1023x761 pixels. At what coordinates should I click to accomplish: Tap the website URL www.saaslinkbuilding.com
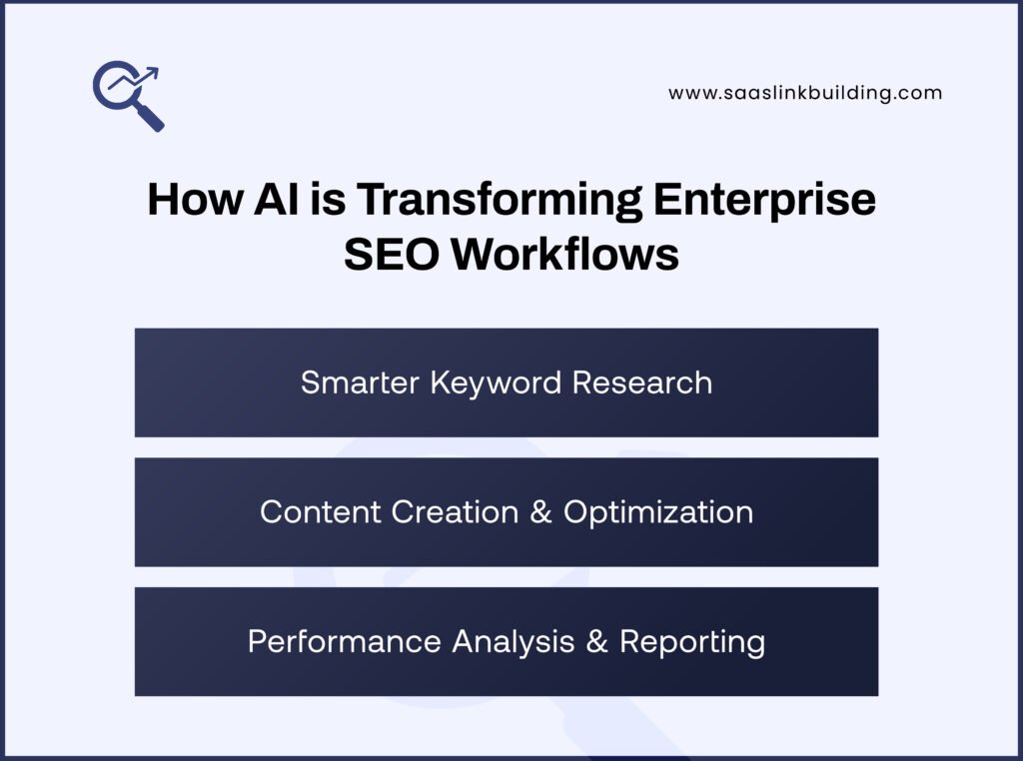805,93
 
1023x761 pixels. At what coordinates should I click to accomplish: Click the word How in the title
190,200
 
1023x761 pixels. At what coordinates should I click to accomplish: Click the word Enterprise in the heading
764,200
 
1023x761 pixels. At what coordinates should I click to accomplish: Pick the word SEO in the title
391,255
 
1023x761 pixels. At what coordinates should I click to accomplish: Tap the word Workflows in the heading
564,255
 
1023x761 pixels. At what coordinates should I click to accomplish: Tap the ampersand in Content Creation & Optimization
540,511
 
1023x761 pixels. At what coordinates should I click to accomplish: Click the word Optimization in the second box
657,511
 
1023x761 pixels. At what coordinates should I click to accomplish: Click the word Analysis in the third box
512,641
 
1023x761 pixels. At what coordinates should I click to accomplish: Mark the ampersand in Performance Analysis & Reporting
597,641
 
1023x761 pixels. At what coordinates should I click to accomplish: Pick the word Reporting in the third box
692,641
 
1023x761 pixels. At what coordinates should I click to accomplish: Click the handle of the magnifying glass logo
151,119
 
